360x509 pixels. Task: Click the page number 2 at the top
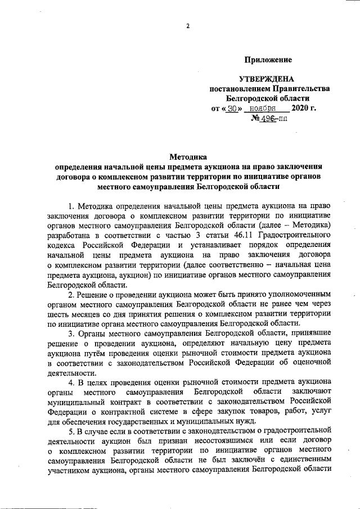click(x=187, y=26)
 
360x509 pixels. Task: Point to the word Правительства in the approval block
click(x=301, y=89)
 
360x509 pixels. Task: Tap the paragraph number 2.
click(x=71, y=294)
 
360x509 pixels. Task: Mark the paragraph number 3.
click(x=71, y=334)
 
